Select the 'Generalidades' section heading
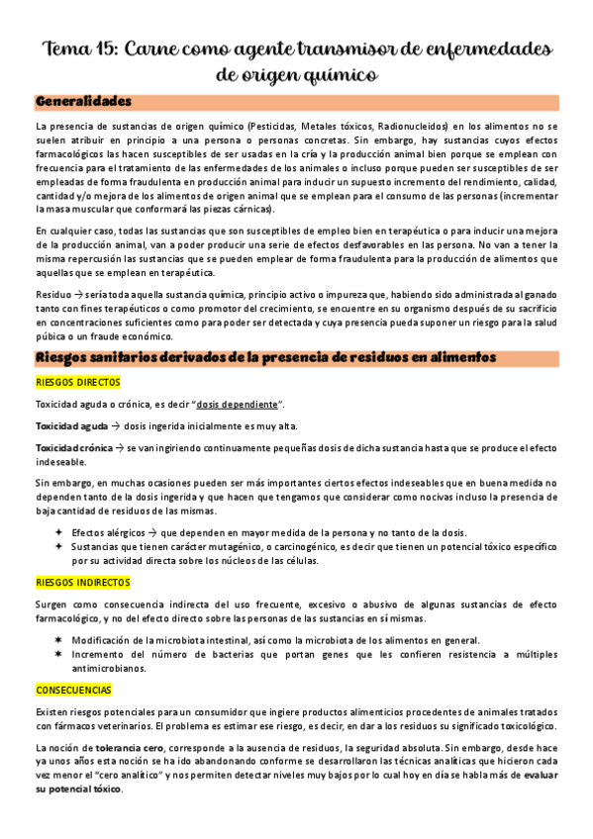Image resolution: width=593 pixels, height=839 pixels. (82, 102)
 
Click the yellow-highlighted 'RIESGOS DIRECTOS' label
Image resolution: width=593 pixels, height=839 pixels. (77, 381)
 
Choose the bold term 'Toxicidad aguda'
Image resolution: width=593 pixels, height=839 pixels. (72, 426)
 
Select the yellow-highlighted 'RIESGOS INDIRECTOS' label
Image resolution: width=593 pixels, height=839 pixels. (83, 583)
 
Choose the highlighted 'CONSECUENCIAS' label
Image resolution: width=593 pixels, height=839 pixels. (73, 690)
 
